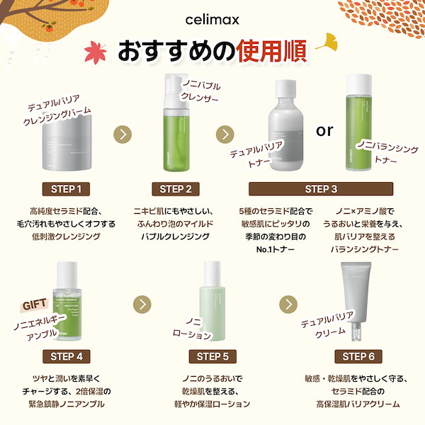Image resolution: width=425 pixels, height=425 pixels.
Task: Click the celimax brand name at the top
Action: [x=212, y=21]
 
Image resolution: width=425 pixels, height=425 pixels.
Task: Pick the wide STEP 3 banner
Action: [x=321, y=189]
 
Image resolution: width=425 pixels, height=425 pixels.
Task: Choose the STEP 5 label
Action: [x=212, y=356]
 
